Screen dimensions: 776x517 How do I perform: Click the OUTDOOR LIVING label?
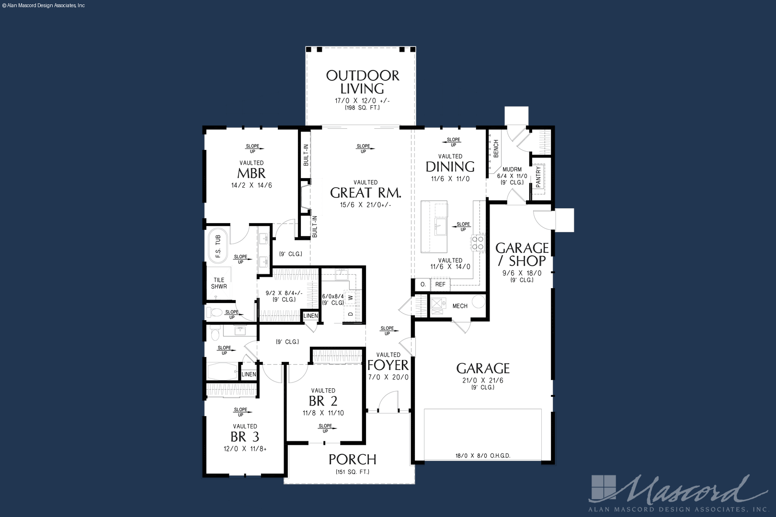[x=362, y=82]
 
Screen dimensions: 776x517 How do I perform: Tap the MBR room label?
[x=251, y=173]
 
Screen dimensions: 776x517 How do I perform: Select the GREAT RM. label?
[x=365, y=193]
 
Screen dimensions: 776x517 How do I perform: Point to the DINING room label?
[x=450, y=167]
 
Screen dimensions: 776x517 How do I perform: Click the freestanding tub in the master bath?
[x=218, y=246]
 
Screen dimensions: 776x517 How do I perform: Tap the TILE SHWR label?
[x=219, y=283]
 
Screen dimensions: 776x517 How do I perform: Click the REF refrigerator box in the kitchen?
[x=440, y=285]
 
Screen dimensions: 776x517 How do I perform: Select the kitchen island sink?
[x=441, y=226]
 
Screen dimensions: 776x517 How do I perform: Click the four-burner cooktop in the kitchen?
[x=478, y=242]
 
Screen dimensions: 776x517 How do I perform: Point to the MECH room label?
[x=460, y=306]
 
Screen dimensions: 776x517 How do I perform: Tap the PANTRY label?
[x=538, y=177]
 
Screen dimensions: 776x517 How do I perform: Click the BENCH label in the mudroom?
[x=496, y=149]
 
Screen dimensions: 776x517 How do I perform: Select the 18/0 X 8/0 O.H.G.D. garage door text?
[x=483, y=456]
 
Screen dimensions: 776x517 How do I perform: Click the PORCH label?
[x=353, y=460]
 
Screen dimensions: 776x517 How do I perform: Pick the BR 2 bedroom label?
[x=323, y=401]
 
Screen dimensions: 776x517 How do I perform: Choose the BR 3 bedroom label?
[x=245, y=437]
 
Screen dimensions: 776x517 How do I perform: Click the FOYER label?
[x=388, y=365]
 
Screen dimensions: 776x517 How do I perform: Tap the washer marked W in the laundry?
[x=351, y=297]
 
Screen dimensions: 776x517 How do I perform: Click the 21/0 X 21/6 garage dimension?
[x=482, y=381]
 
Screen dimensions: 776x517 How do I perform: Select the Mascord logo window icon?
[x=604, y=488]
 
